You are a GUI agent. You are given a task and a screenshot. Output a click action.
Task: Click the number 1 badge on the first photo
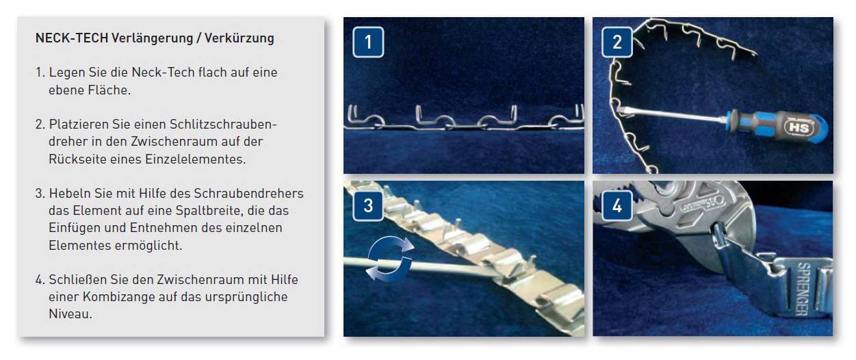pyautogui.click(x=368, y=42)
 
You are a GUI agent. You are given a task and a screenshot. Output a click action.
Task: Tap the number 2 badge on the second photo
pyautogui.click(x=617, y=42)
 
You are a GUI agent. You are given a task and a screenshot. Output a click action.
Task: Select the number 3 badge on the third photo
pyautogui.click(x=368, y=205)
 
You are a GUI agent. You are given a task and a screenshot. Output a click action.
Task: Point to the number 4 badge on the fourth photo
pyautogui.click(x=617, y=205)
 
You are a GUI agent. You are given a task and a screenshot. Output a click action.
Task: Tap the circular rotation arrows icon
pyautogui.click(x=390, y=259)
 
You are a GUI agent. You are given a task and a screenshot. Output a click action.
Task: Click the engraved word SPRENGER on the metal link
pyautogui.click(x=803, y=289)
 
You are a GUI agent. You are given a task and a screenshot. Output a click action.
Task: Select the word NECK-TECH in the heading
pyautogui.click(x=72, y=38)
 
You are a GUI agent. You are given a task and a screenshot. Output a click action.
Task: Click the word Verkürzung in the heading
pyautogui.click(x=239, y=38)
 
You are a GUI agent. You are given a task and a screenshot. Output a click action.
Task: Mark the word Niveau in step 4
pyautogui.click(x=70, y=314)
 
